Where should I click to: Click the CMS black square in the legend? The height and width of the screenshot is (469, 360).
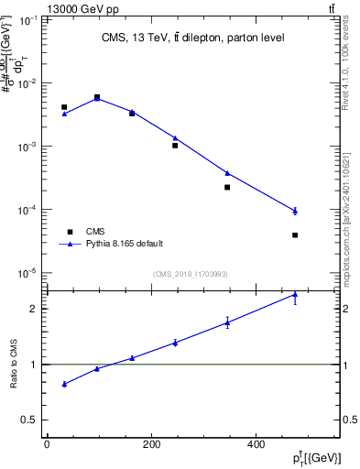coord(67,232)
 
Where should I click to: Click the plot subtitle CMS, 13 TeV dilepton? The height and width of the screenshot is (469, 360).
coord(192,38)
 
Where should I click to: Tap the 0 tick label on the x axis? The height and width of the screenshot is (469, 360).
coord(47,445)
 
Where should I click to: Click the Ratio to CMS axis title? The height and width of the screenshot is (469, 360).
coord(15,365)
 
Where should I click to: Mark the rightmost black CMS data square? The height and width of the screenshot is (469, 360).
coord(295,235)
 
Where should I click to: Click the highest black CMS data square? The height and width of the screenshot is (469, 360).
coord(97,96)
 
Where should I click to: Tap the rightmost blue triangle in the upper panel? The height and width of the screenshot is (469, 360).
coord(295,211)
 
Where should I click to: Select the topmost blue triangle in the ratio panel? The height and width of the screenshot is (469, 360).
coord(295,295)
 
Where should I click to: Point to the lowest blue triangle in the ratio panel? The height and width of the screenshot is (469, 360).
coord(64,384)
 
